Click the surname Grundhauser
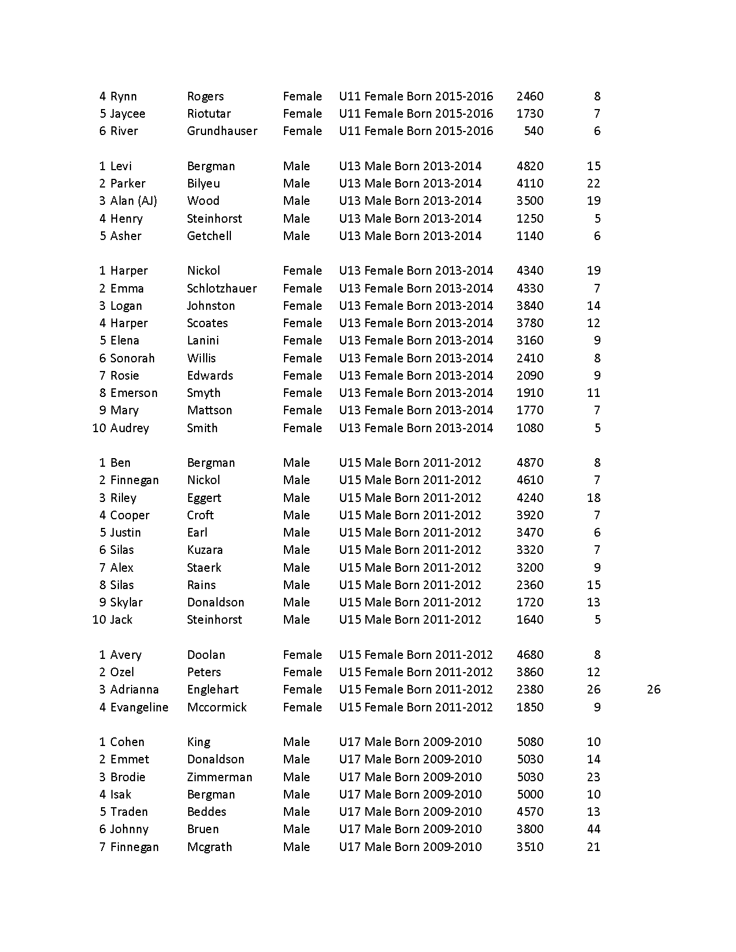(x=222, y=131)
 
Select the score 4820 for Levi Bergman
(x=529, y=166)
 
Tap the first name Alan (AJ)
(x=133, y=201)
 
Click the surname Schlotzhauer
(x=222, y=288)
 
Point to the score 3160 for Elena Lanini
(x=529, y=340)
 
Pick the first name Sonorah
(x=132, y=358)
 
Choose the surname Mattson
(x=210, y=410)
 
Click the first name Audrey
(x=129, y=428)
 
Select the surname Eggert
(x=204, y=498)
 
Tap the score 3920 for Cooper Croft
(x=529, y=515)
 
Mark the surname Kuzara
(x=205, y=550)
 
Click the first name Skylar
(x=126, y=602)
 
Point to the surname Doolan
(x=206, y=655)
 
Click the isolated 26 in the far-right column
(x=653, y=689)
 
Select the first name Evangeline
(x=139, y=707)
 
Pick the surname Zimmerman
(x=219, y=777)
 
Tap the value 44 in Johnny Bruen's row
(x=593, y=829)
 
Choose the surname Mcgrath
(x=210, y=847)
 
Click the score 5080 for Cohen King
(x=529, y=742)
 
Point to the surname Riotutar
(x=209, y=114)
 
